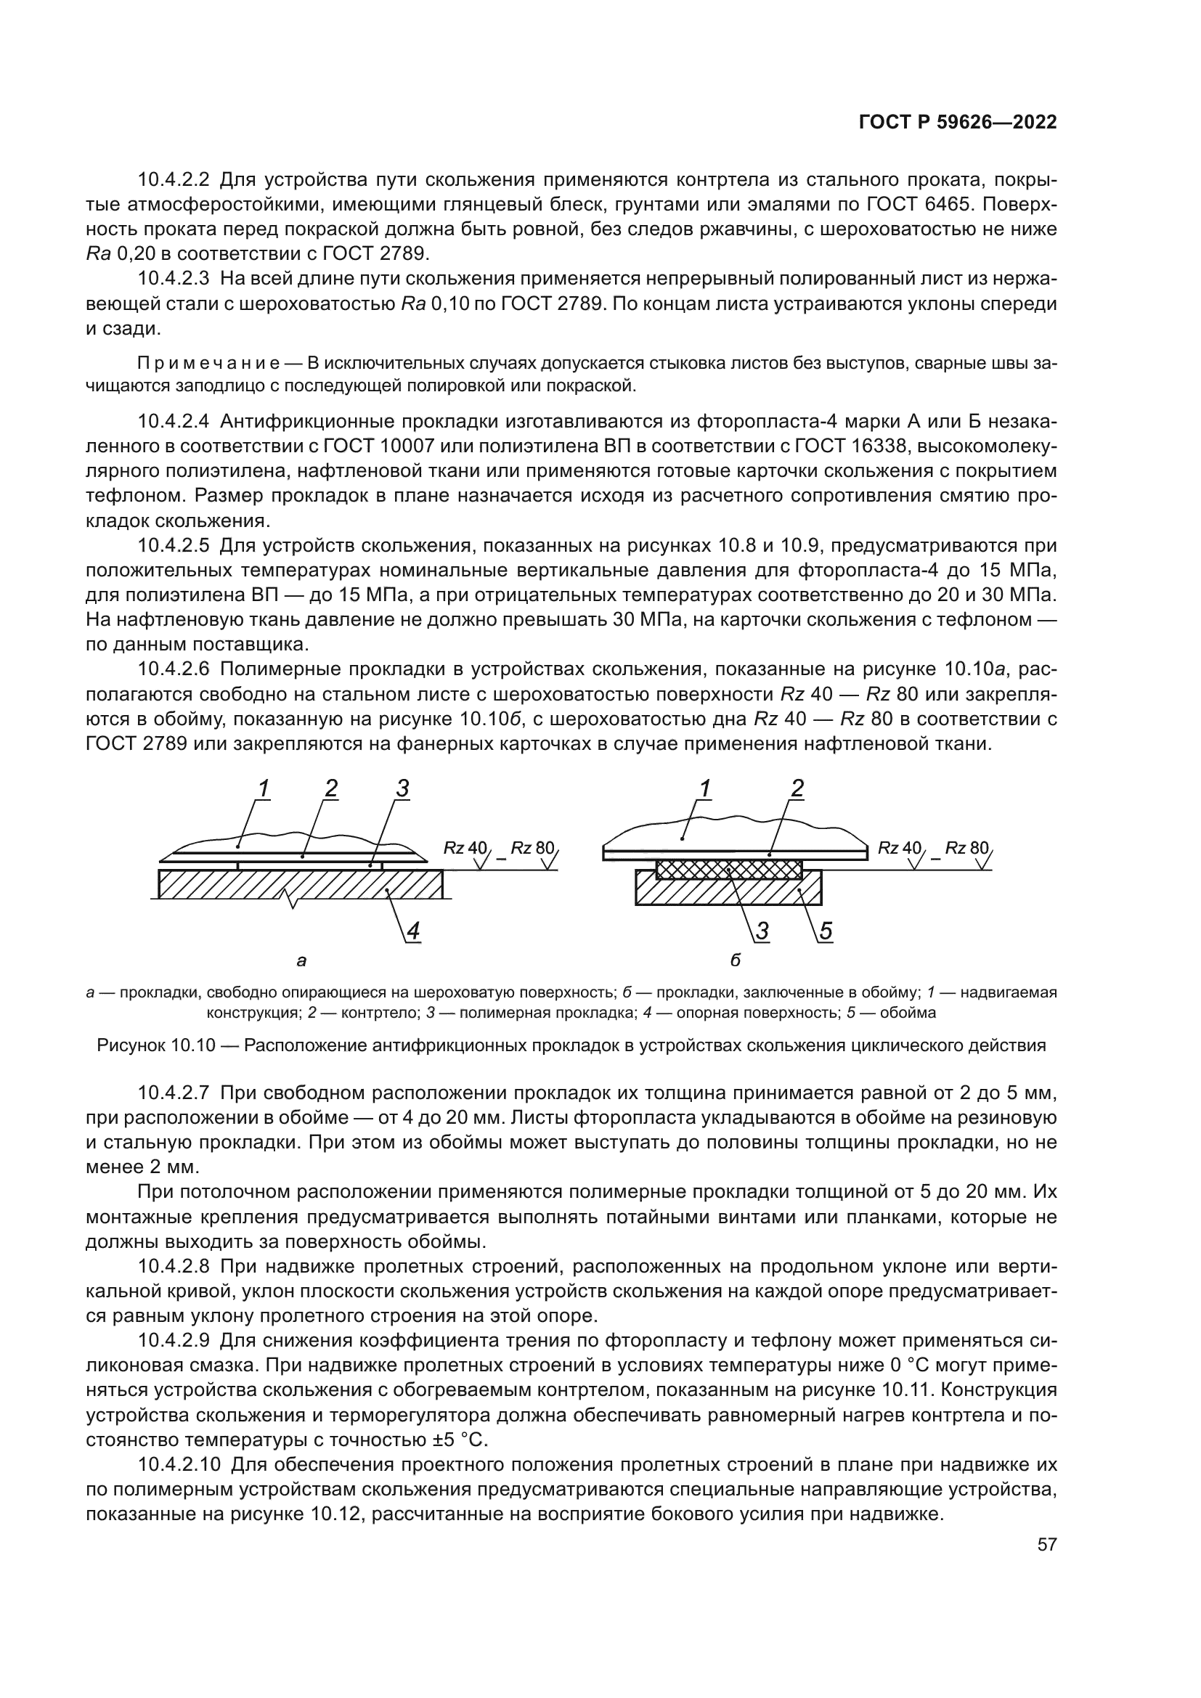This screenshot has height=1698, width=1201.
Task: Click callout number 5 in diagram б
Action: pos(825,933)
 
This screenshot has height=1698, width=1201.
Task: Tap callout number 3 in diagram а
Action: pos(402,790)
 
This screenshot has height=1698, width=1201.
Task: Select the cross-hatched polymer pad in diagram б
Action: pos(728,868)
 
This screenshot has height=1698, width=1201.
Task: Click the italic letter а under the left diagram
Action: pos(301,961)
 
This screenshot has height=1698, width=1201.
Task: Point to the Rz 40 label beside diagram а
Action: pos(465,847)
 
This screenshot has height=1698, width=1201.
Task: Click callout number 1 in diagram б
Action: pos(706,790)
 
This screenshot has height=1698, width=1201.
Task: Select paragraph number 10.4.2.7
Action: pos(174,1093)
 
